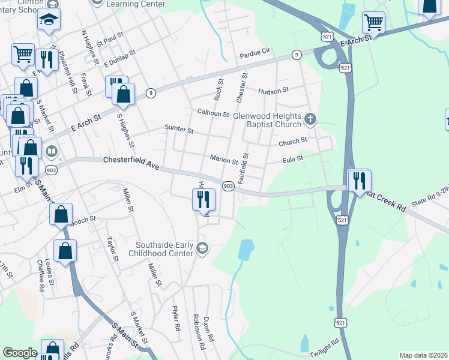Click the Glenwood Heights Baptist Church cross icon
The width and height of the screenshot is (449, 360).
310,119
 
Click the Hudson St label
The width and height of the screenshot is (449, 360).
273,91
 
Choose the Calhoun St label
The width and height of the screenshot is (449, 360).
213,113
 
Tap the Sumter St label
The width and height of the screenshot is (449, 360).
179,129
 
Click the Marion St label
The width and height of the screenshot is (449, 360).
224,158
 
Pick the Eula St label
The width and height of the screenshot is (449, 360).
293,160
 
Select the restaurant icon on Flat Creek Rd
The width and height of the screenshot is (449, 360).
359,180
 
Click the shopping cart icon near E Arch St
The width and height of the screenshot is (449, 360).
373,23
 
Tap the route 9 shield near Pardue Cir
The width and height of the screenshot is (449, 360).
296,55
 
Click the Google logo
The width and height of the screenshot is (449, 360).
20,353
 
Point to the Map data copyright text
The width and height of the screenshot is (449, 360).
423,355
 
